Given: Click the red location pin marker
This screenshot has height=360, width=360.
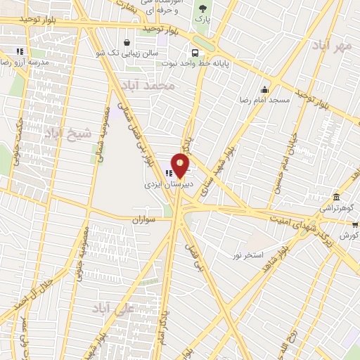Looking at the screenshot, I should [x=181, y=166].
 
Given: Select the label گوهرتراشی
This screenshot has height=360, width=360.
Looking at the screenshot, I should [x=336, y=209].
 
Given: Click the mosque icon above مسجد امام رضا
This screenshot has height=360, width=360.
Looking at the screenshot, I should [x=264, y=90].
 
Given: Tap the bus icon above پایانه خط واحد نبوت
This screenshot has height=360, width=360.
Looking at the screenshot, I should [x=195, y=53].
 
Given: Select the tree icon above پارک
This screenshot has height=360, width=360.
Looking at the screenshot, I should [x=203, y=9].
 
